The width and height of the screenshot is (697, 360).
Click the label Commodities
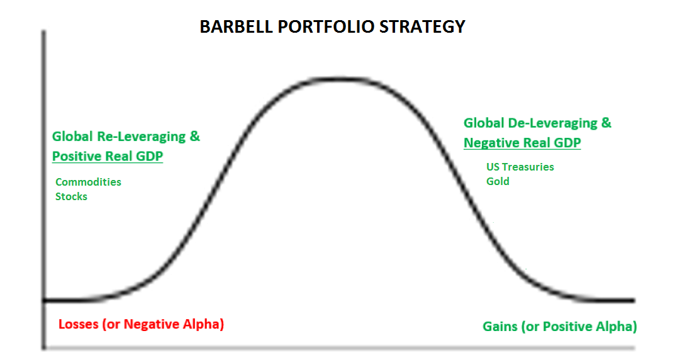(88, 182)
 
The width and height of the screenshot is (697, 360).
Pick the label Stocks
(71, 196)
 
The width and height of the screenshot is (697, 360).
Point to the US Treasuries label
(520, 167)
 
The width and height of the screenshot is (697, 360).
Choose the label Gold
(498, 181)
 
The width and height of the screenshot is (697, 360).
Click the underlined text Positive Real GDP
(107, 156)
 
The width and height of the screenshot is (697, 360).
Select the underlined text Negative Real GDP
(522, 143)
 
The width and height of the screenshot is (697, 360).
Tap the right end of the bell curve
(632, 300)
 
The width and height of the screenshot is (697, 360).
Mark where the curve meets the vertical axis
(43, 300)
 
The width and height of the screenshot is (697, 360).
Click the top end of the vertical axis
(43, 31)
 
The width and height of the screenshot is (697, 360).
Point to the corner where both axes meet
(43, 347)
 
